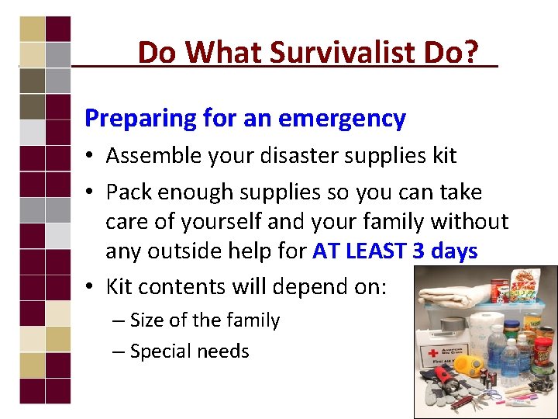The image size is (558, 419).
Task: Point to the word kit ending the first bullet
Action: (x=443, y=156)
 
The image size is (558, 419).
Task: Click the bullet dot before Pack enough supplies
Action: (x=91, y=192)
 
